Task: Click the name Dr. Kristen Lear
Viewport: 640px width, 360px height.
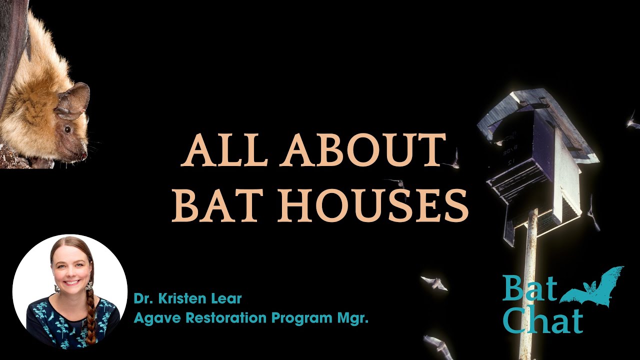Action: (x=187, y=299)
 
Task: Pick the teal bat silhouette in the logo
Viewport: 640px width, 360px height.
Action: (x=595, y=287)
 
